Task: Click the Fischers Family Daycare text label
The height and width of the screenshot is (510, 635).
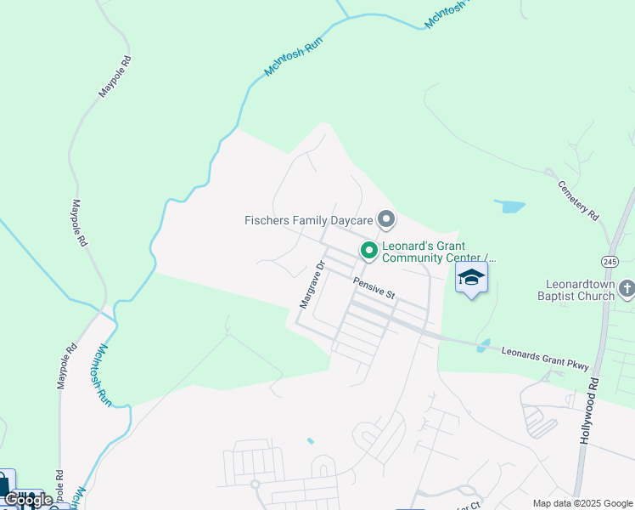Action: point(309,220)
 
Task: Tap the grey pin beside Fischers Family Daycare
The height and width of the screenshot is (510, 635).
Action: point(386,220)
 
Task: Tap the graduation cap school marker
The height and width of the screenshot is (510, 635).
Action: point(472,277)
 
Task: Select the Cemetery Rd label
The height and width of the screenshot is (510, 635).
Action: point(579,201)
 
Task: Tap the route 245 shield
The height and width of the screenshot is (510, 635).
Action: point(611,259)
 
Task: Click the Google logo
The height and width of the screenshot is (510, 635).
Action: point(28,500)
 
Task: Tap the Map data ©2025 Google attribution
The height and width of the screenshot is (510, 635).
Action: point(582,503)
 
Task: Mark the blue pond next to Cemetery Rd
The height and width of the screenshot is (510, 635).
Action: point(509,206)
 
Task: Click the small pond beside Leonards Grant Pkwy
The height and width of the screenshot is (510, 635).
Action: point(483,346)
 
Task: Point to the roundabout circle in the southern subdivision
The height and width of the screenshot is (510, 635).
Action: point(255,484)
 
